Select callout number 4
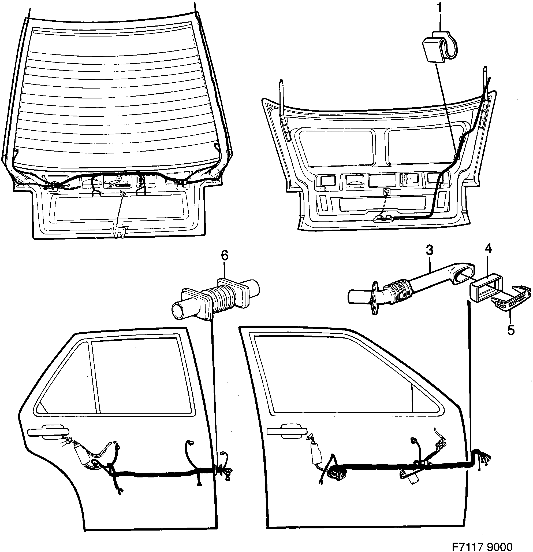tap(488, 249)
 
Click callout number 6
tap(225, 256)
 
